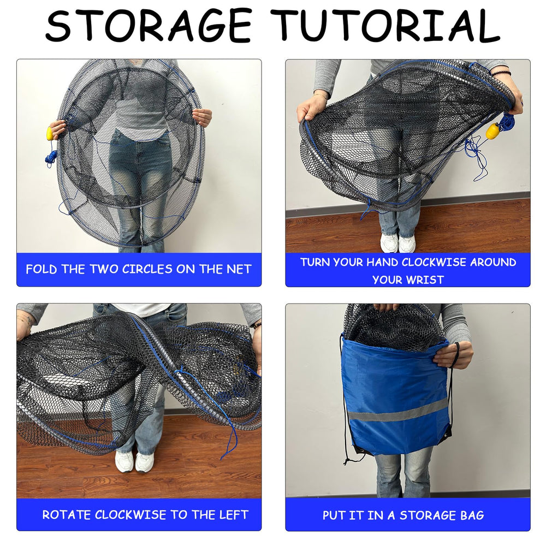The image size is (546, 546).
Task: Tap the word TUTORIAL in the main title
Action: pyautogui.click(x=387, y=26)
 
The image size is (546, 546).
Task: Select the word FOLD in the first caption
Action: pyautogui.click(x=41, y=269)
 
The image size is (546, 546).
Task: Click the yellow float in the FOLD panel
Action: pyautogui.click(x=50, y=134)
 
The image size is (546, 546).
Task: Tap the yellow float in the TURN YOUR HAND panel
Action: pyautogui.click(x=493, y=131)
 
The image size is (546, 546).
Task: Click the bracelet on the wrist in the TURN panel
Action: pyautogui.click(x=500, y=72)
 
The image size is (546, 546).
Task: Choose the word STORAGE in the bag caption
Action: pyautogui.click(x=429, y=515)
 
